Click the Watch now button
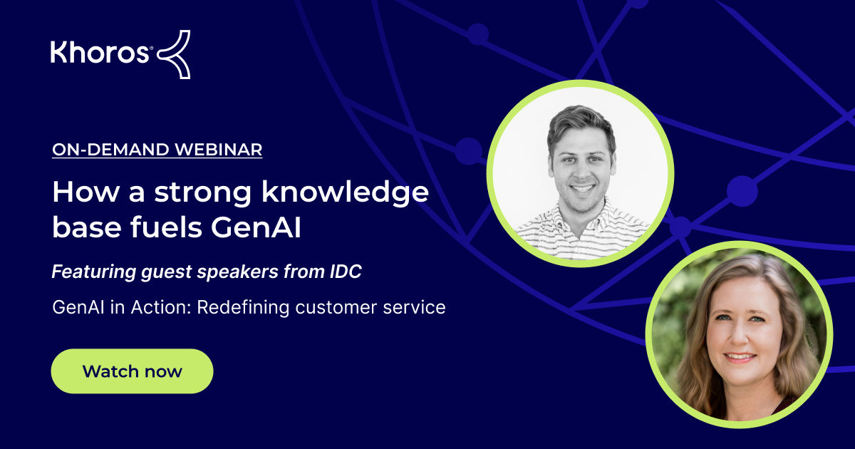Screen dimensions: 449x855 tap(132, 371)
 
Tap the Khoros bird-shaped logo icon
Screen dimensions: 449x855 tap(173, 54)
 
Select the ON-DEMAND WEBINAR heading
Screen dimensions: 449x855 tap(157, 150)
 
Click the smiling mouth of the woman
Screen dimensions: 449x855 tap(739, 357)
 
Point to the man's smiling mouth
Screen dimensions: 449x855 tap(582, 190)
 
